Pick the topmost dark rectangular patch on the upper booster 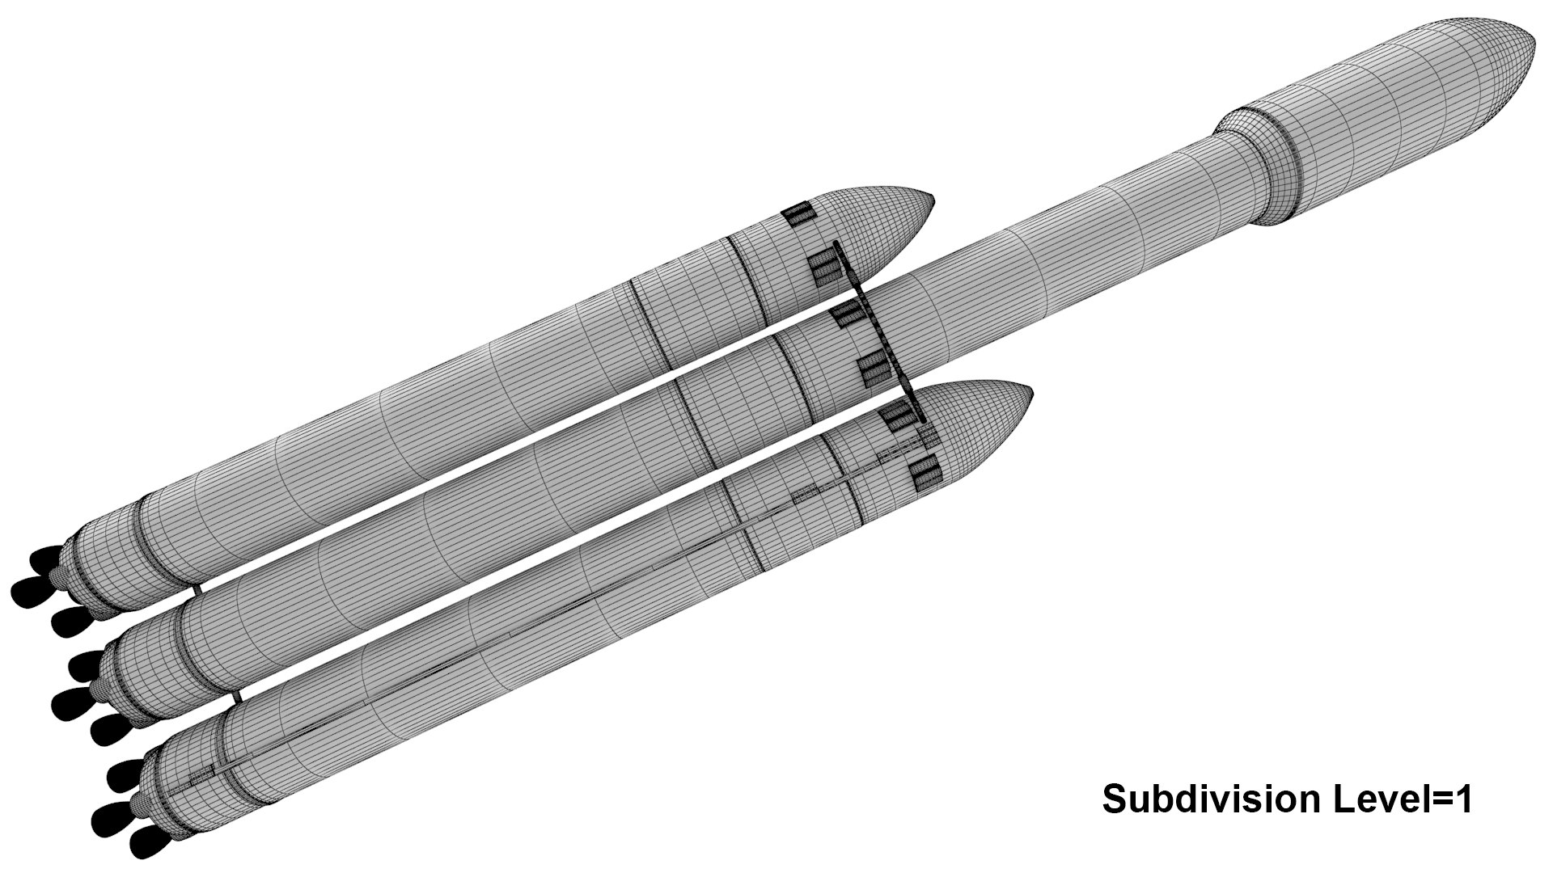tap(798, 214)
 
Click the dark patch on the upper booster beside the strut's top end tap(825, 268)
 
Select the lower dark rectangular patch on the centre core tap(874, 371)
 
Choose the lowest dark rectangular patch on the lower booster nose tap(925, 474)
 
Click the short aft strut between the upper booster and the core tap(197, 589)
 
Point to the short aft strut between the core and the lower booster tap(235, 696)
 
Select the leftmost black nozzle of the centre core tap(68, 702)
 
